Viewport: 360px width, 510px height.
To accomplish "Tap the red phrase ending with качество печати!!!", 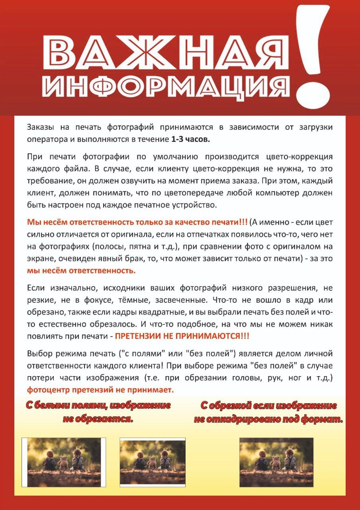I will point(137,222).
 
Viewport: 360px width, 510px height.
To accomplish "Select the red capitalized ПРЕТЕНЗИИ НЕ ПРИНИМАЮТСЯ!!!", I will point(182,336).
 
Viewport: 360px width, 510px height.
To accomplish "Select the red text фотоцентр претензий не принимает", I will point(100,390).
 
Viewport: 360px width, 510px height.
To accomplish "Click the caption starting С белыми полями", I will point(98,412).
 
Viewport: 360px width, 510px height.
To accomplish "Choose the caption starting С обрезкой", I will point(268,412).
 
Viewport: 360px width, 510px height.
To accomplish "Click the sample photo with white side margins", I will point(64,462).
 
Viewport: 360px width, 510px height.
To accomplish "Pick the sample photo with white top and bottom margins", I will point(153,462).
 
